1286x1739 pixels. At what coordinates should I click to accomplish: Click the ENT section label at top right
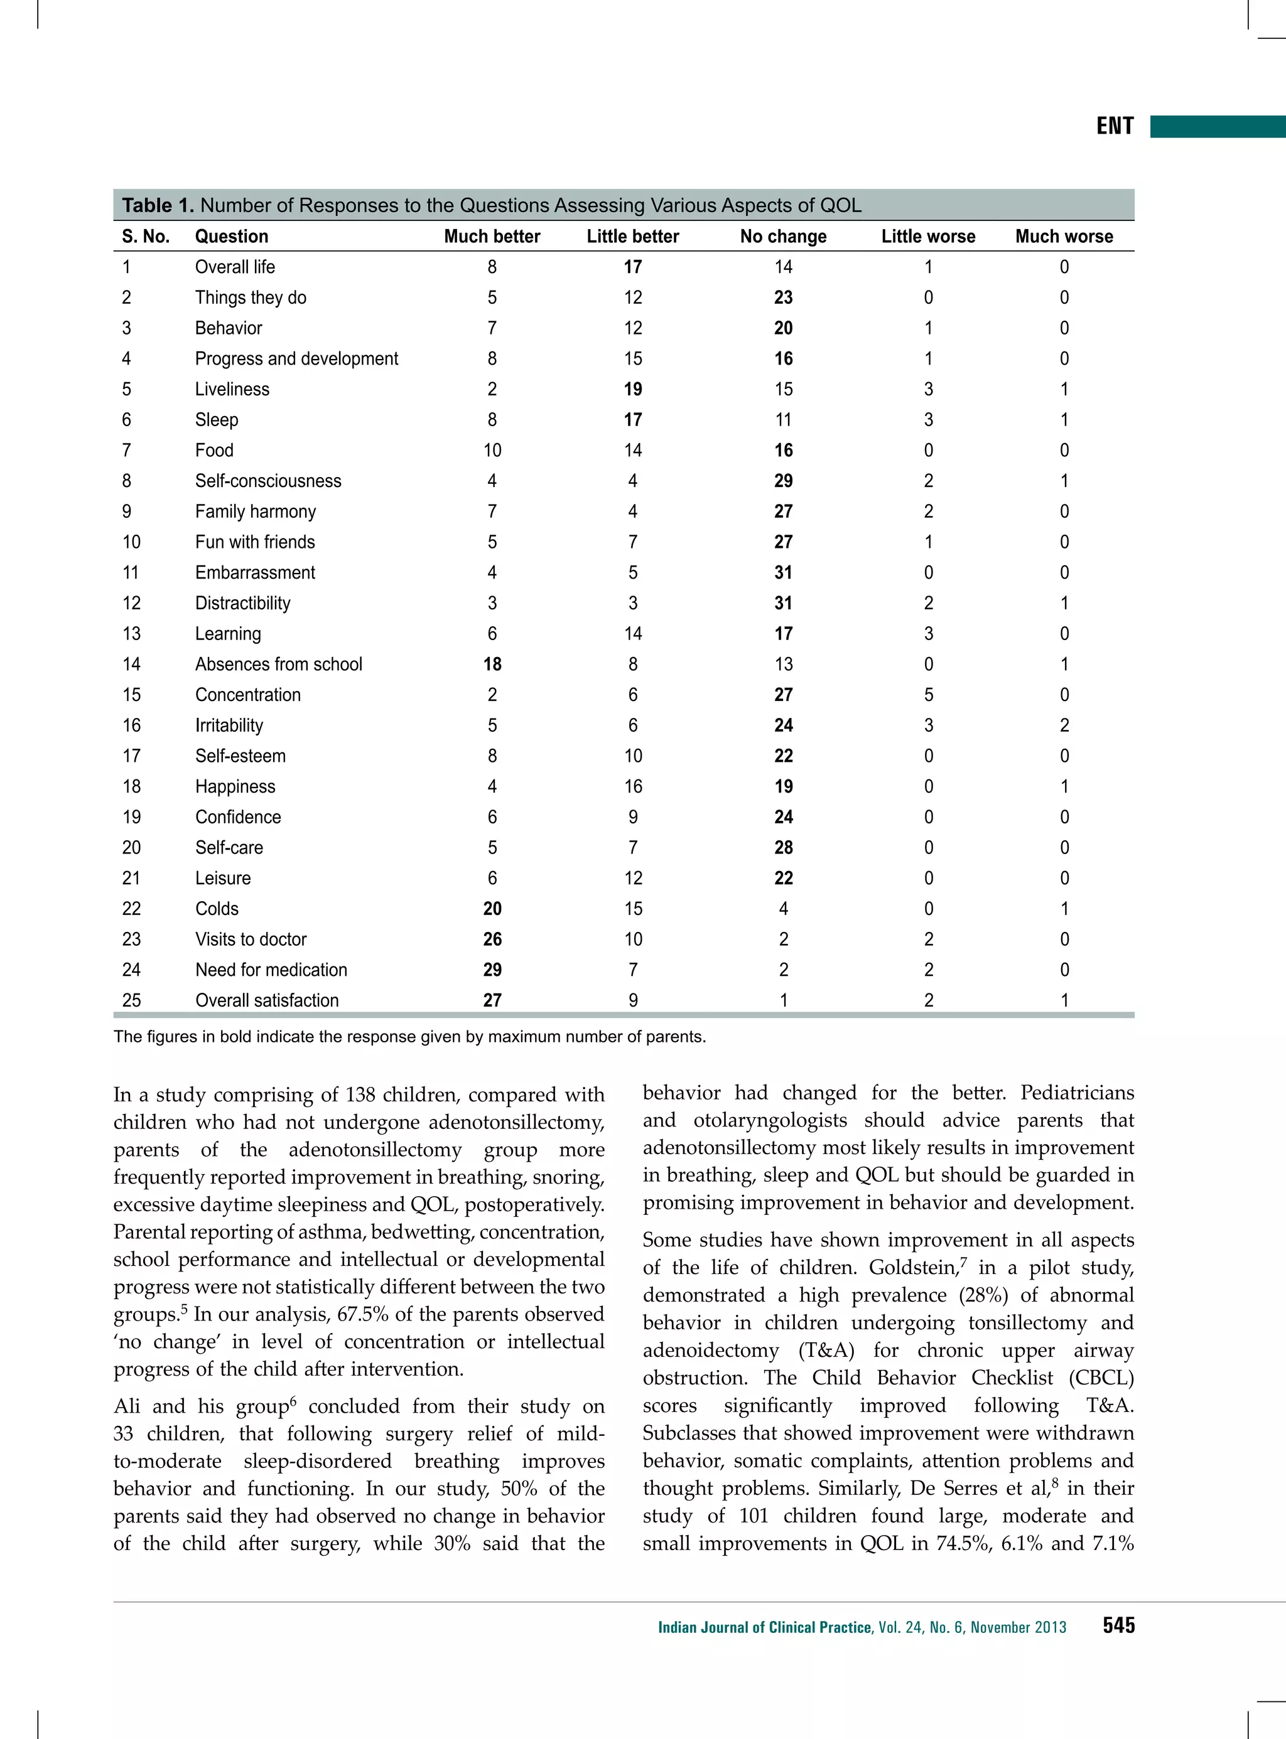(1114, 126)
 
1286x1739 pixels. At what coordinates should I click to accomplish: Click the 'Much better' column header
(491, 237)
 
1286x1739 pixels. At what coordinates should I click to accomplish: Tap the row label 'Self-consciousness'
(267, 481)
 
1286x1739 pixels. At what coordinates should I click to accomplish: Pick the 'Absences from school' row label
(278, 665)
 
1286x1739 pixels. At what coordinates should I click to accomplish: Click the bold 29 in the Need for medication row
(492, 970)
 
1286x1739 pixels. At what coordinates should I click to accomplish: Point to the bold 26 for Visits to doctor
(492, 939)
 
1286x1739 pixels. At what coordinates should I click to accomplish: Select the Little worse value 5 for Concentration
(928, 695)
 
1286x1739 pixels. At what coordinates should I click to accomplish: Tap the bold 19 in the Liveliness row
(632, 389)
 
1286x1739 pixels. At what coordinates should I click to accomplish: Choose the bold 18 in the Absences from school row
(492, 665)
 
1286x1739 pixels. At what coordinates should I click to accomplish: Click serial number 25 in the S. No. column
(132, 1000)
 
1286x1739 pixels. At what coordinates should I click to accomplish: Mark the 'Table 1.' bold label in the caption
(157, 205)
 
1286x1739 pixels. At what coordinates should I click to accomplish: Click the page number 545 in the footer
(1118, 1625)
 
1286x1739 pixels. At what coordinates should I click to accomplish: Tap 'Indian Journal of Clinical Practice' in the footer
(764, 1627)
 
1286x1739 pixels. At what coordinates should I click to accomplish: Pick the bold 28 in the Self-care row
(783, 847)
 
